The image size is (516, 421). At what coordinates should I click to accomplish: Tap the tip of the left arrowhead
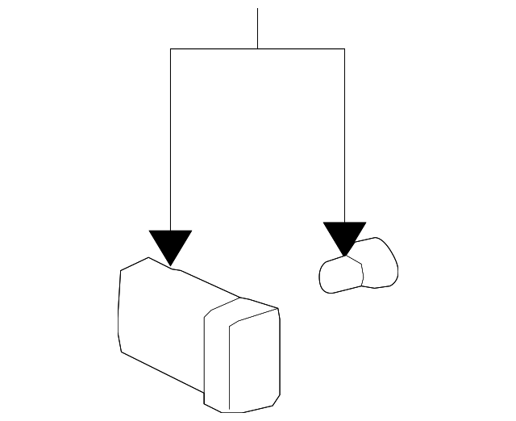170,265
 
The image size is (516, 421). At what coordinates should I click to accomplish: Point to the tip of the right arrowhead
345,256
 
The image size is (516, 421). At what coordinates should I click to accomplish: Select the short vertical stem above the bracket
257,28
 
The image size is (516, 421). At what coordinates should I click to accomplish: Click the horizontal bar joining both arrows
218,49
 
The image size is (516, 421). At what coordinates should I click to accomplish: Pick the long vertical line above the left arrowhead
170,137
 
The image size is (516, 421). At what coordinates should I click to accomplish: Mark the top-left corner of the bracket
170,49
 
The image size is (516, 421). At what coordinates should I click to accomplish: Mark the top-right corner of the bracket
344,49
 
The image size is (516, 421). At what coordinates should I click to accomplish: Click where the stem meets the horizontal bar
257,49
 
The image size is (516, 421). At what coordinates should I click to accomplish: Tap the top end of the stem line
257,9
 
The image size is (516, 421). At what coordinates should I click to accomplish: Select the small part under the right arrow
359,266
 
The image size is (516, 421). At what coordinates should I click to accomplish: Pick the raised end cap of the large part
242,355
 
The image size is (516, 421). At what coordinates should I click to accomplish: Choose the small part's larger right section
379,263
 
